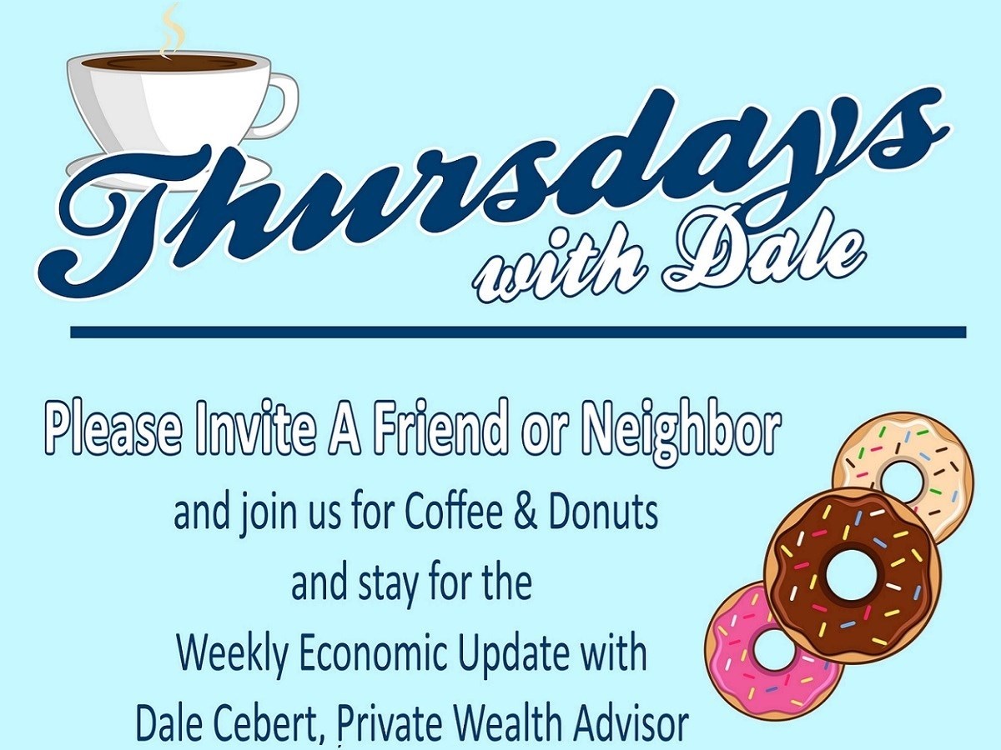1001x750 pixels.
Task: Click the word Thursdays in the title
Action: pyautogui.click(x=492, y=192)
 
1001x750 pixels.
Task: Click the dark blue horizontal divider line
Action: pyautogui.click(x=517, y=332)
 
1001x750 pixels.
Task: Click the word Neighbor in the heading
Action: pyautogui.click(x=684, y=428)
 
